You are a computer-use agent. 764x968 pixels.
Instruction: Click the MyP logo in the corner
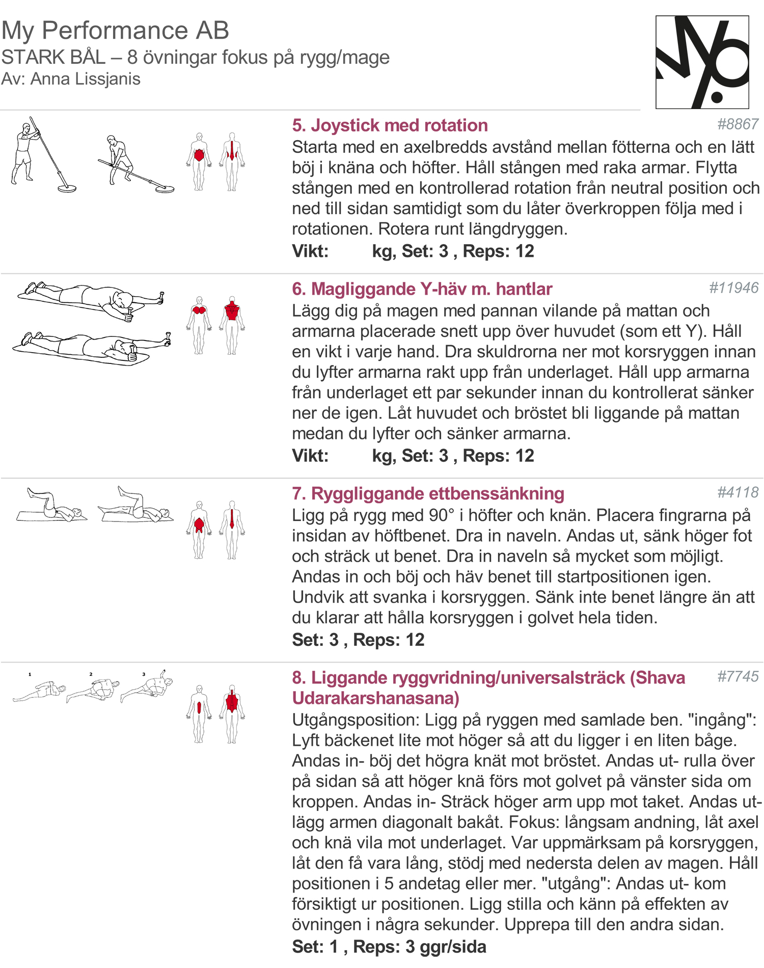702,62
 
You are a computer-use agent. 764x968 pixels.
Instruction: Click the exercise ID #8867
738,124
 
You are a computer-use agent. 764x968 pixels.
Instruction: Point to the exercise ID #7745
738,676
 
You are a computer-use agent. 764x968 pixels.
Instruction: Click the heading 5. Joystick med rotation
390,125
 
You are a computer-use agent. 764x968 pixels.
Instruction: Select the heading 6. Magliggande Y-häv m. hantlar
422,289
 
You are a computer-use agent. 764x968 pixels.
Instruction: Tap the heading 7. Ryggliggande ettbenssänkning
428,493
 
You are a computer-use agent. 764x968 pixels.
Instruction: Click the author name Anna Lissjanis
85,79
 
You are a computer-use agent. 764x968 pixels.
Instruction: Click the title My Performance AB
115,30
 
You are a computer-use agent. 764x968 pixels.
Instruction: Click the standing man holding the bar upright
24,153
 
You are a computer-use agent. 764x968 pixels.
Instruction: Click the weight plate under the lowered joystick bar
165,189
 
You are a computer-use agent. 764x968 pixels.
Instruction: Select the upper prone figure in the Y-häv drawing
92,299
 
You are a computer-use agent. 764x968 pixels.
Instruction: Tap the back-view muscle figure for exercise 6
232,324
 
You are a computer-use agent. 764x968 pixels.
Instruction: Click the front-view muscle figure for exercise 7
199,529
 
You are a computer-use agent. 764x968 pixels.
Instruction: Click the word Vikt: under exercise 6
310,456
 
